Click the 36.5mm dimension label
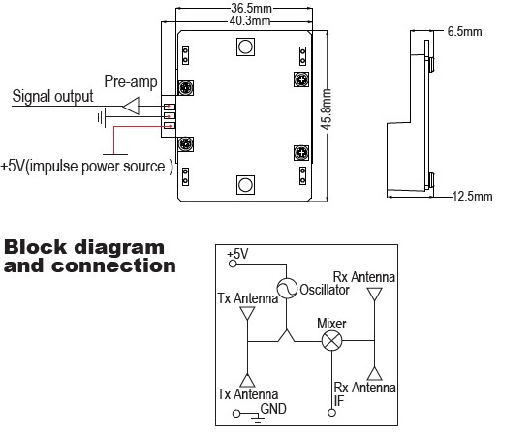[251, 8]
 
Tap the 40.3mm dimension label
[250, 21]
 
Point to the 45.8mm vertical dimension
[327, 109]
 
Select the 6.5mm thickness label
[464, 31]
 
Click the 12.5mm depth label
[472, 196]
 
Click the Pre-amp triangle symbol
[131, 106]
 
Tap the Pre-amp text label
[131, 81]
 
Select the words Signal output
[52, 96]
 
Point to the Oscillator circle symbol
[287, 289]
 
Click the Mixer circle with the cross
[331, 341]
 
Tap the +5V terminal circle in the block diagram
[233, 264]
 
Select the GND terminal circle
[236, 414]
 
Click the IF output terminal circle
[331, 413]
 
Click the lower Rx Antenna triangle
[375, 374]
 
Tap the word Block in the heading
[35, 247]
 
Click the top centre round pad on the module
[245, 47]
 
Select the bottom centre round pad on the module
[245, 185]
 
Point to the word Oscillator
[325, 290]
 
